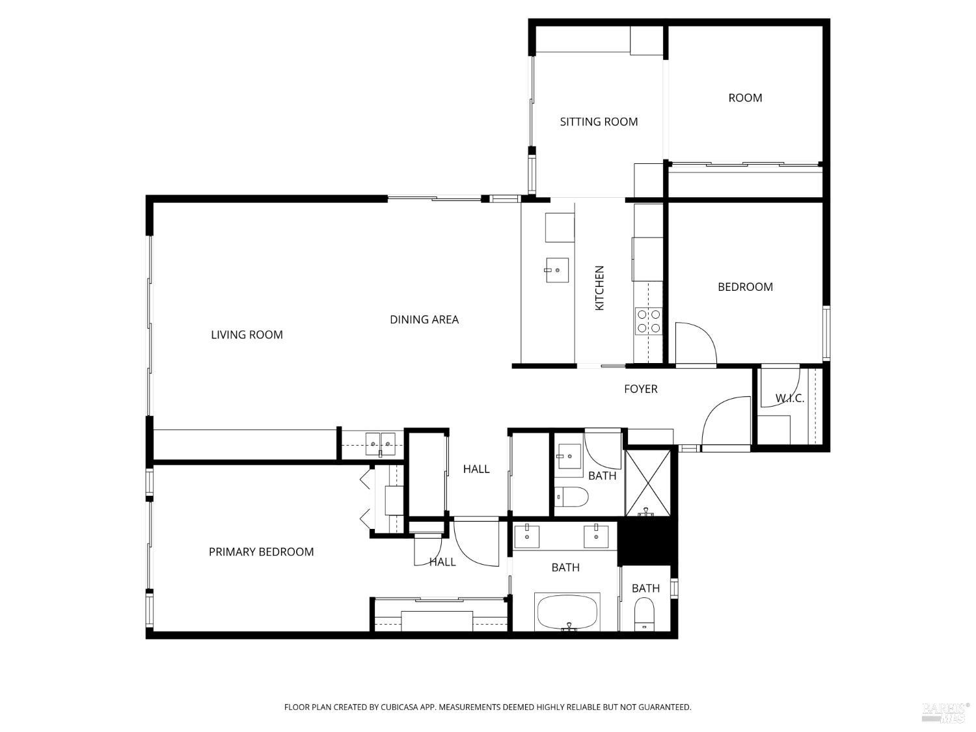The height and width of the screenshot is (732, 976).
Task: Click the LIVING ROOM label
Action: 247,334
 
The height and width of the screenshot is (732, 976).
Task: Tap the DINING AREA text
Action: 424,319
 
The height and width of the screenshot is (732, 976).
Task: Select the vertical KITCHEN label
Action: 599,288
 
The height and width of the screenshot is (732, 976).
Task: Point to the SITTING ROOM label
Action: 599,122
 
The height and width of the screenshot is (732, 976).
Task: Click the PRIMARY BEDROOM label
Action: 261,552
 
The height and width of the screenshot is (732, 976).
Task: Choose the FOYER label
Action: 640,389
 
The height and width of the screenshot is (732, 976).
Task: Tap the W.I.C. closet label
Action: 789,398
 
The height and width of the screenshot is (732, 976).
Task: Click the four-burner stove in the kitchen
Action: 648,321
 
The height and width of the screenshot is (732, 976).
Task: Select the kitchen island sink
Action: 556,271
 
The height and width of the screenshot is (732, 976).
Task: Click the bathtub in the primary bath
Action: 567,612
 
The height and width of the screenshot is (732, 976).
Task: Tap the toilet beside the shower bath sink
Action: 572,498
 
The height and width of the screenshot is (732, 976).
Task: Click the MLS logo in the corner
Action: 945,712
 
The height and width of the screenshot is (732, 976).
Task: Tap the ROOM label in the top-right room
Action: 745,98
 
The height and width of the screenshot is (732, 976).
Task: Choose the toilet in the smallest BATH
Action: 644,614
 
